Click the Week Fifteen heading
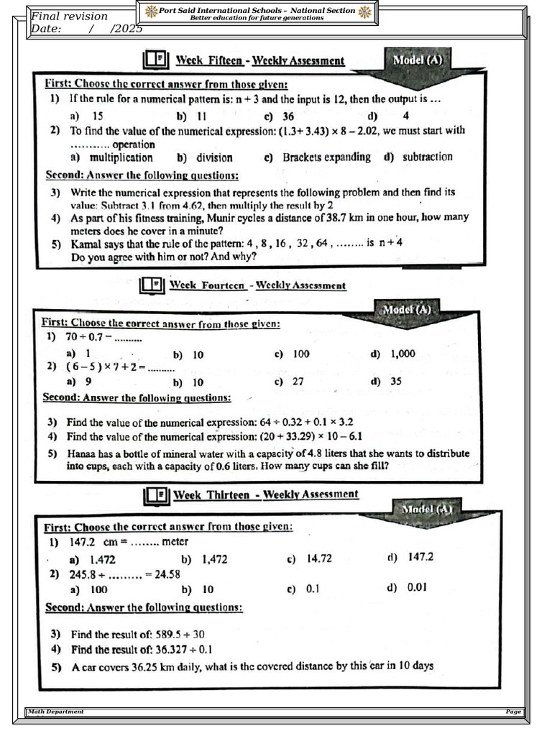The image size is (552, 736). [x=260, y=61]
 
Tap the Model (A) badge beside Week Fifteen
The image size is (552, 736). [x=417, y=60]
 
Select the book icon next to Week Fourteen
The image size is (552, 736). [x=152, y=285]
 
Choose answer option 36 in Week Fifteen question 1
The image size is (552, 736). [x=287, y=115]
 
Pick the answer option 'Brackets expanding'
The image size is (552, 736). [x=326, y=157]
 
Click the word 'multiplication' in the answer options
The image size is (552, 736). [x=121, y=157]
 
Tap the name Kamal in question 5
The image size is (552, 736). [x=86, y=243]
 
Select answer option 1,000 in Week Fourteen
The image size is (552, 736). [x=402, y=354]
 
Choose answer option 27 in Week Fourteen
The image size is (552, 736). [x=298, y=382]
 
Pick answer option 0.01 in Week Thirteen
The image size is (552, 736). [x=417, y=587]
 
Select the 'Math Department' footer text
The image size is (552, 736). [x=55, y=712]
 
